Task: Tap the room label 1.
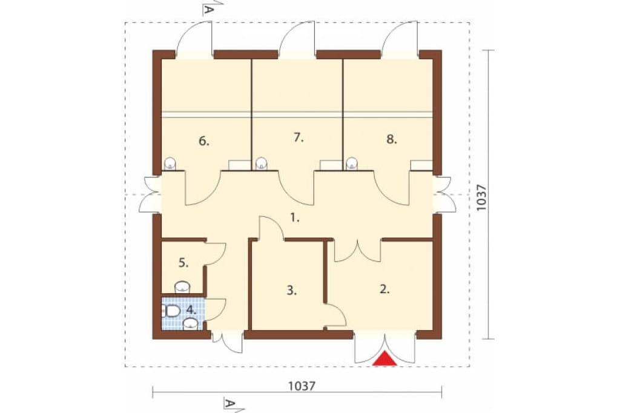[x=295, y=217]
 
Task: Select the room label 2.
[x=384, y=289]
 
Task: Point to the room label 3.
[x=291, y=291]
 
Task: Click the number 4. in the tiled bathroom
[x=191, y=310]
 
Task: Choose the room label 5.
[x=183, y=263]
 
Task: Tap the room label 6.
[x=203, y=141]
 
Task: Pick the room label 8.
[x=392, y=139]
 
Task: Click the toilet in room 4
[x=171, y=311]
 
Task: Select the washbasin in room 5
[x=182, y=287]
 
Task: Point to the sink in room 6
[x=170, y=164]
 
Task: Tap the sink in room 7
[x=262, y=164]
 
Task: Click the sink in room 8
[x=352, y=164]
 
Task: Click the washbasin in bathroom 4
[x=191, y=324]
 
